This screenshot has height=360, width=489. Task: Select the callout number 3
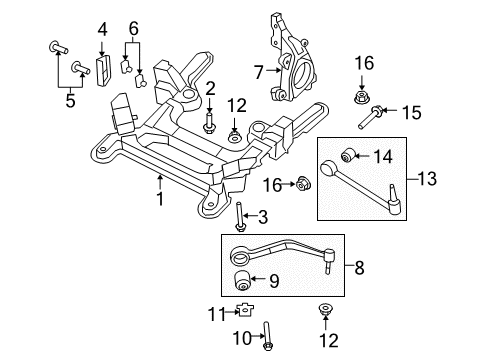point(263,217)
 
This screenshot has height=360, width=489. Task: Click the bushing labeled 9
point(241,281)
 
